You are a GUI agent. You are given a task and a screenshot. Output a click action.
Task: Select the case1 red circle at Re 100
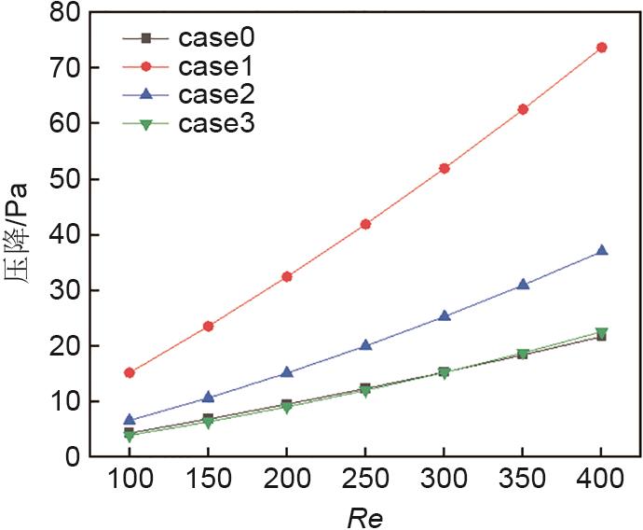pyautogui.click(x=130, y=372)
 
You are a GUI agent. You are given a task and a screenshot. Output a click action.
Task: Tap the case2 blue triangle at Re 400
pyautogui.click(x=601, y=250)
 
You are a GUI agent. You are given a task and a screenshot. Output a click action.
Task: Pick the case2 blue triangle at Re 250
pyautogui.click(x=365, y=344)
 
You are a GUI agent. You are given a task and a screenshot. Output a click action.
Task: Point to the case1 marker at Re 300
pyautogui.click(x=445, y=168)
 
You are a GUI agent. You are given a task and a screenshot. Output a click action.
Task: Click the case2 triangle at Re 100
pyautogui.click(x=130, y=420)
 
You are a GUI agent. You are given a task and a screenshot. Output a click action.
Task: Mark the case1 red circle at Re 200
pyautogui.click(x=287, y=276)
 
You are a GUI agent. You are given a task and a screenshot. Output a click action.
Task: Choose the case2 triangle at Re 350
pyautogui.click(x=523, y=284)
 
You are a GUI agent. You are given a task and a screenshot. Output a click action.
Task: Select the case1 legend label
pyautogui.click(x=216, y=66)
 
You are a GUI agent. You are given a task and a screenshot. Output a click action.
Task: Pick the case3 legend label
pyautogui.click(x=216, y=122)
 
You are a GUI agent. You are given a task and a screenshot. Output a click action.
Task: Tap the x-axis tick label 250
pyautogui.click(x=365, y=482)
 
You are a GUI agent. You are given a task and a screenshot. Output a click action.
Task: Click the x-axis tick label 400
pyautogui.click(x=601, y=482)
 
